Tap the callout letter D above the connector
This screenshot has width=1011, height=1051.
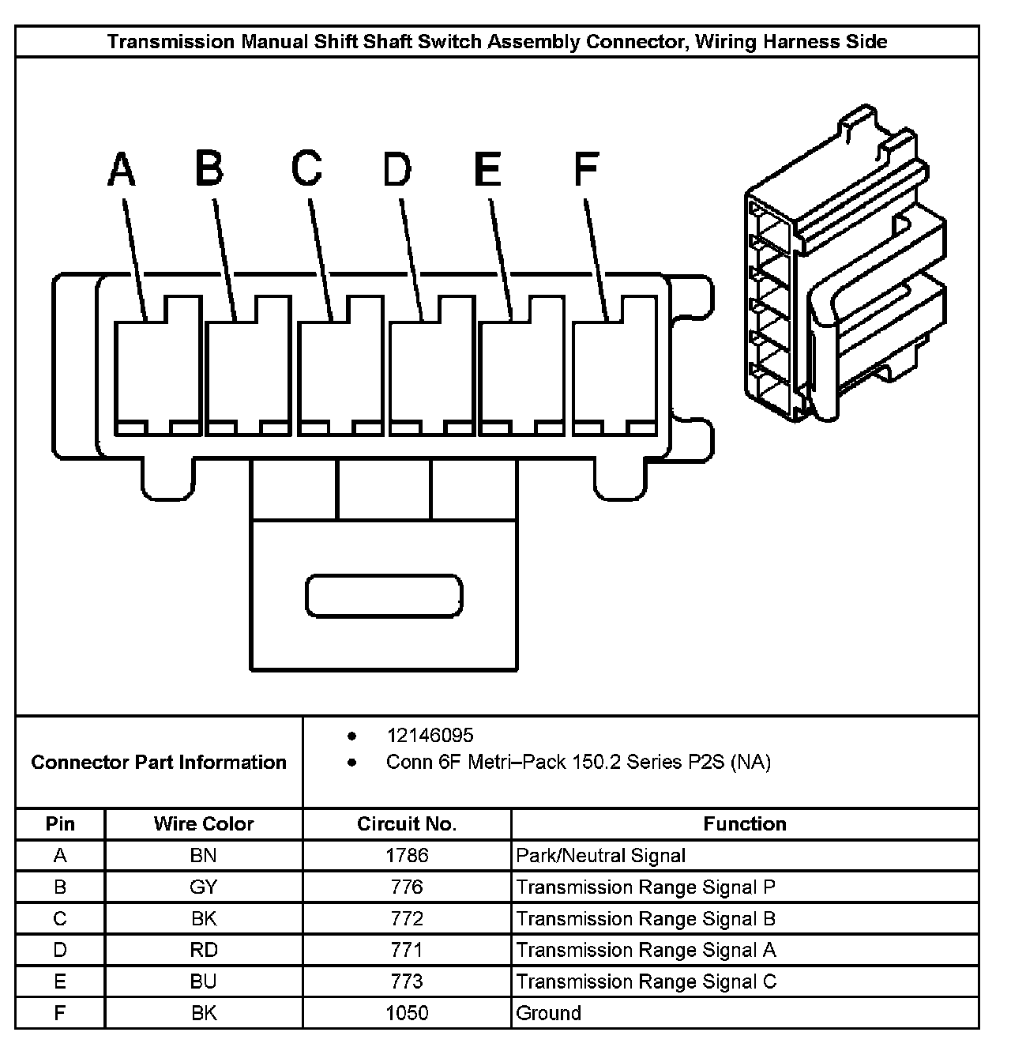(397, 169)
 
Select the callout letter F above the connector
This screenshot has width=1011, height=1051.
(585, 169)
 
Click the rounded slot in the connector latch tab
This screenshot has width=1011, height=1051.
(384, 595)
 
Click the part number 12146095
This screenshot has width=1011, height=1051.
(430, 736)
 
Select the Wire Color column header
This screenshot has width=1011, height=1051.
(204, 824)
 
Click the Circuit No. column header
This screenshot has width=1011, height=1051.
(407, 824)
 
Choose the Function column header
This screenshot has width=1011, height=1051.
(744, 824)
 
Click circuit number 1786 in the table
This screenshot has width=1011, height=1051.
(407, 855)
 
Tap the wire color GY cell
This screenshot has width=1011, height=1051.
(204, 887)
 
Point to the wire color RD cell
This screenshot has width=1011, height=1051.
(204, 950)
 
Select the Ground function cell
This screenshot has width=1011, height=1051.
(548, 1013)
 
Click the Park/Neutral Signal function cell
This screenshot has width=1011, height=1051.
(600, 855)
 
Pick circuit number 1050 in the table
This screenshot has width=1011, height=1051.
(407, 1013)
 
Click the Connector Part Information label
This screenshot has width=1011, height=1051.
(159, 763)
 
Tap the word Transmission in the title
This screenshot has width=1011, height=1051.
(170, 41)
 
